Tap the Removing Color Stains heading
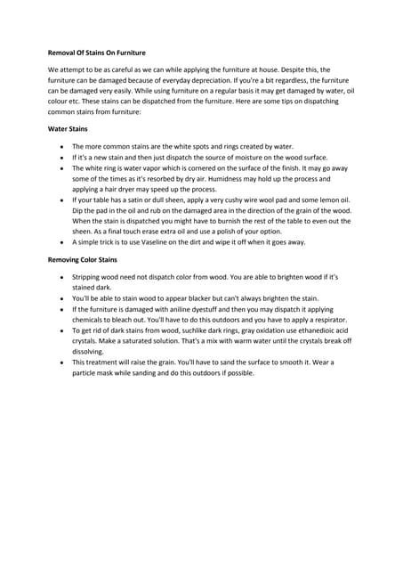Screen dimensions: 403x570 [82, 260]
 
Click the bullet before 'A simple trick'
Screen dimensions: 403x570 [59, 241]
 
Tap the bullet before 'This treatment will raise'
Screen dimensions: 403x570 [59, 362]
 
